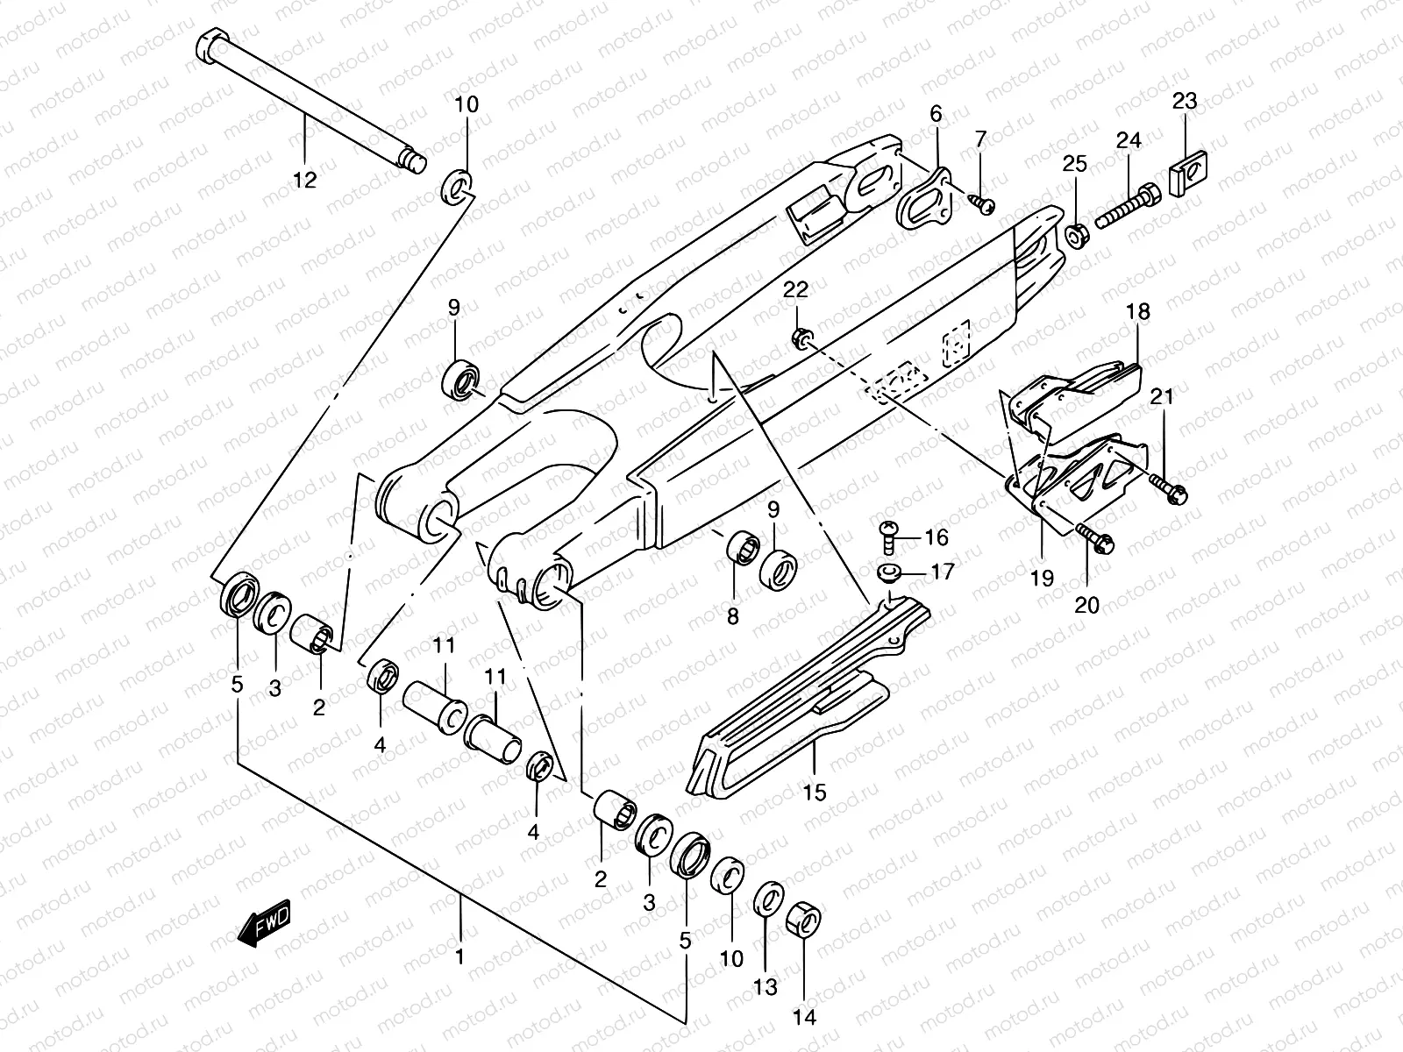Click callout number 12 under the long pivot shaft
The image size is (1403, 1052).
coord(304,180)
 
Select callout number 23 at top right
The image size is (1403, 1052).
coord(1184,101)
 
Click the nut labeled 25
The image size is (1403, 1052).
coord(1076,237)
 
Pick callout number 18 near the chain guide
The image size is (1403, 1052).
coord(1138,311)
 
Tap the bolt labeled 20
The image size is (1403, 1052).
coord(1096,537)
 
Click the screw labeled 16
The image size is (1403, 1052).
coord(887,534)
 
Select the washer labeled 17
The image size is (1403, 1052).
coord(889,573)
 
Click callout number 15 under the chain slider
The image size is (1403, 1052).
coord(814,793)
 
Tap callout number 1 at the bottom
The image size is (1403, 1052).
coord(459,954)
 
